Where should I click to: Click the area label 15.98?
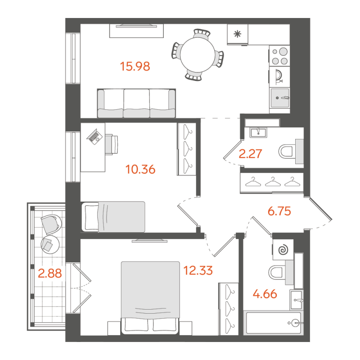tap(135, 67)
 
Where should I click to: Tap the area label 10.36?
tap(141, 170)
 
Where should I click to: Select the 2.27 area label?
tap(251, 155)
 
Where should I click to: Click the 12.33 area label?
tap(198, 270)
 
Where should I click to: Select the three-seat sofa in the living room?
tap(136, 103)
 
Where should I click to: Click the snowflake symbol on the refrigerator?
tap(237, 33)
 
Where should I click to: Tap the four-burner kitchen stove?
tap(279, 56)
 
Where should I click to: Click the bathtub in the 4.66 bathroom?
tap(272, 323)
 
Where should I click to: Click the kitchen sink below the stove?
tap(279, 97)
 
